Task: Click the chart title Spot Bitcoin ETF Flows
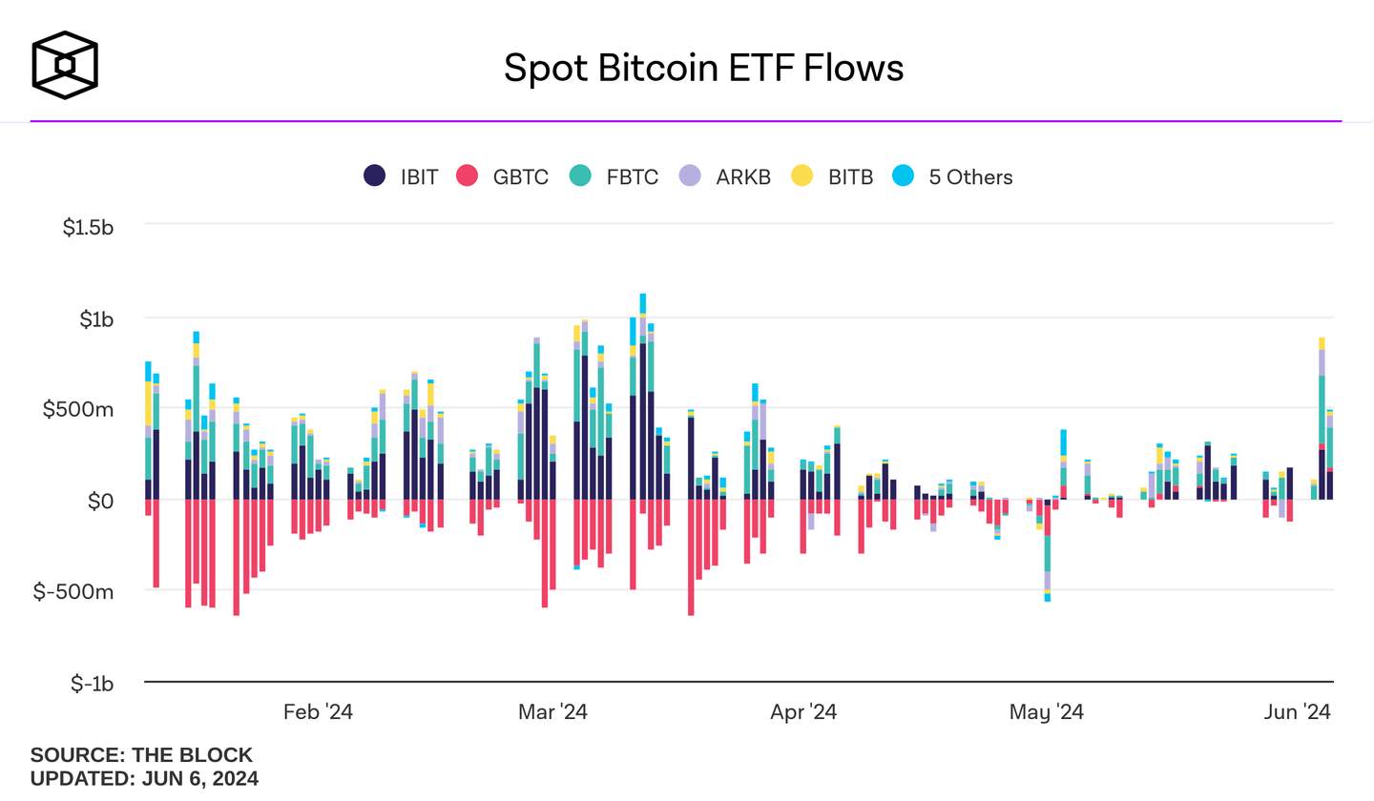[x=703, y=68]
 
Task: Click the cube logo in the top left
[x=65, y=66]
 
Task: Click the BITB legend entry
[x=833, y=176]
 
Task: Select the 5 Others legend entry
[x=952, y=176]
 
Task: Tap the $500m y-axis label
[x=79, y=409]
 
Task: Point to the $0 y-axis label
[x=101, y=501]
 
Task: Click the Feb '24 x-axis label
[x=319, y=712]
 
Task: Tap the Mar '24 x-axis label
[x=552, y=712]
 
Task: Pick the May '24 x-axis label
[x=1047, y=712]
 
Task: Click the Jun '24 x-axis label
[x=1297, y=712]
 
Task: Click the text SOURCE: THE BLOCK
[x=141, y=755]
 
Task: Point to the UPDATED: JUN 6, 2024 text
[x=144, y=778]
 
